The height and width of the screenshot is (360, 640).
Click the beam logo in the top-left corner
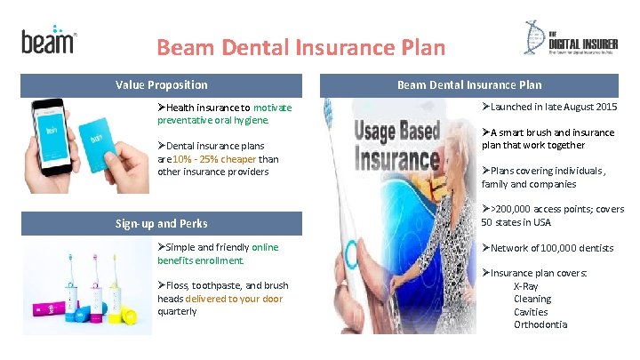click(48, 39)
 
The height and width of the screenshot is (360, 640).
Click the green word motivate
click(272, 107)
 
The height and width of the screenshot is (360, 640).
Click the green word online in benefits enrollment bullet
click(265, 247)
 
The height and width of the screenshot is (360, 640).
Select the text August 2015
click(587, 108)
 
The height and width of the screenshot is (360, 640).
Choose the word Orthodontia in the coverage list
click(540, 324)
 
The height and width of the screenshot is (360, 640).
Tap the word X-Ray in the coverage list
click(526, 286)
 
